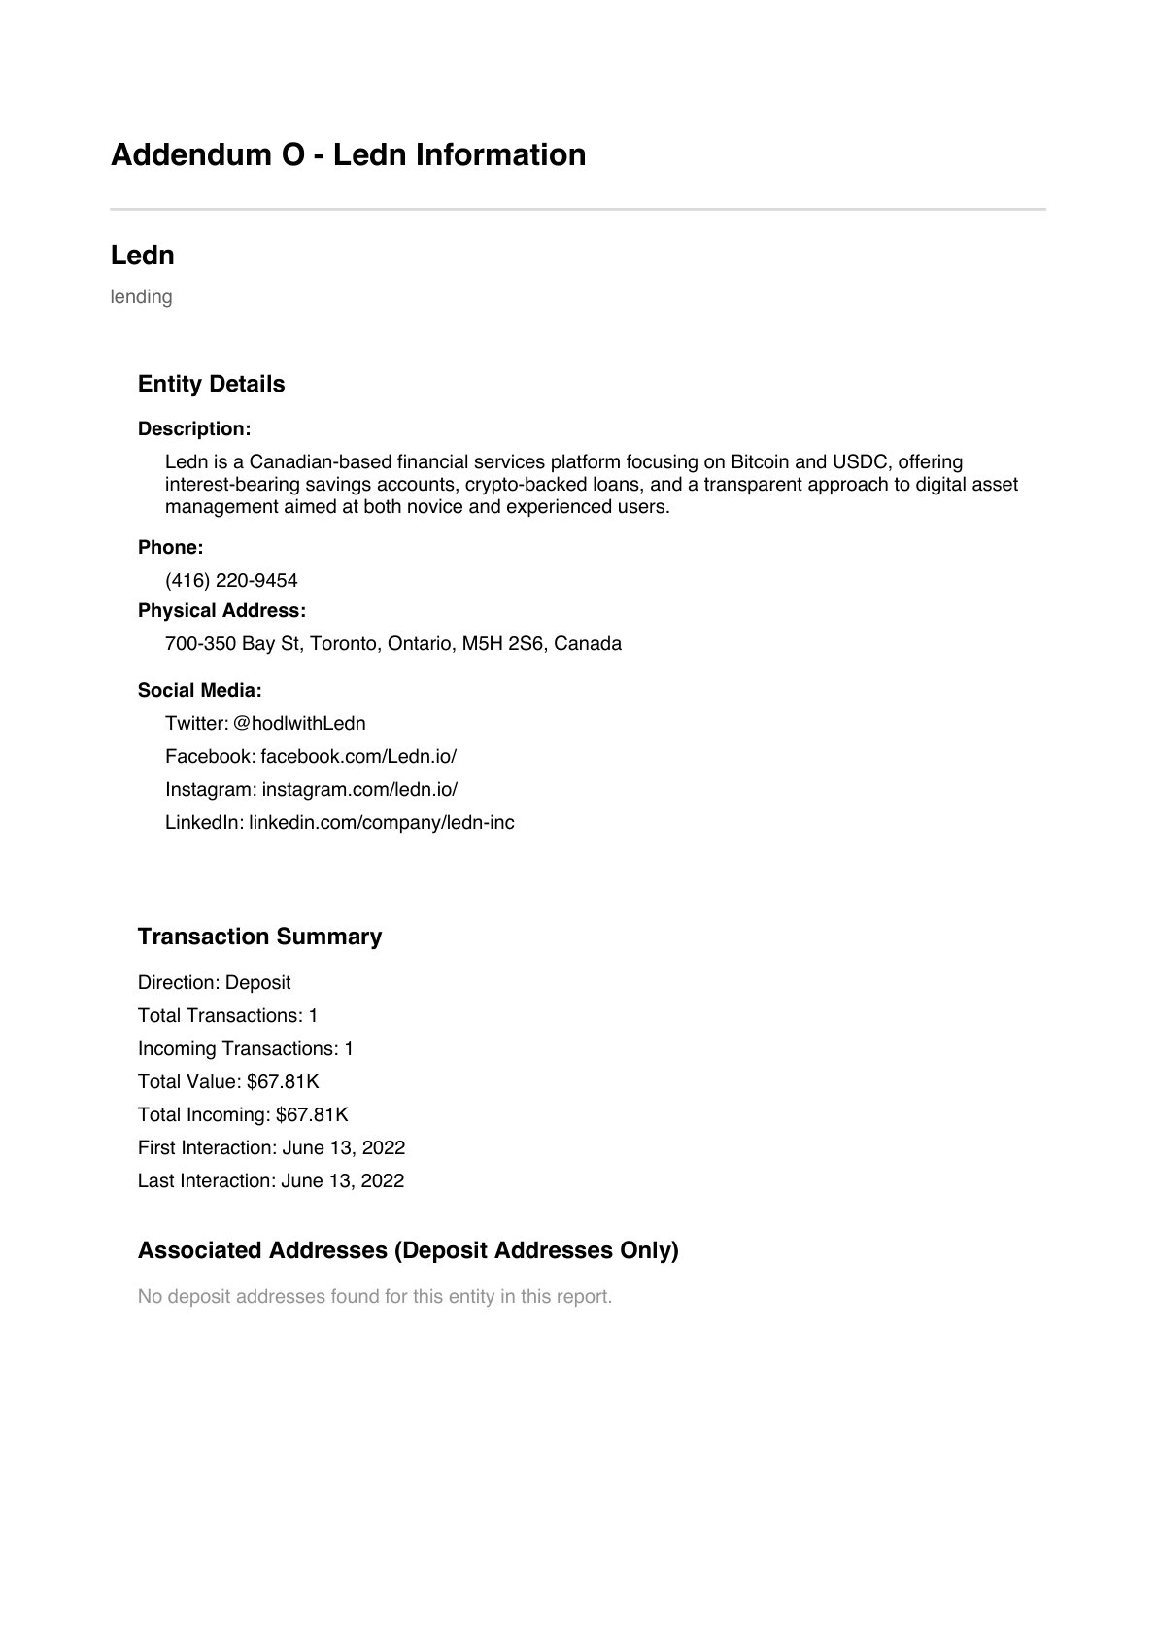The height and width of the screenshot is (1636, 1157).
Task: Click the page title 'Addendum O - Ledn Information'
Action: [348, 155]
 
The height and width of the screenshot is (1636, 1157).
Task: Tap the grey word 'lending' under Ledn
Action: [141, 297]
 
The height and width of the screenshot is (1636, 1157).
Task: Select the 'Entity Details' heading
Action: [211, 384]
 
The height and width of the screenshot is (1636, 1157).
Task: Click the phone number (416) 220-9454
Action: [231, 581]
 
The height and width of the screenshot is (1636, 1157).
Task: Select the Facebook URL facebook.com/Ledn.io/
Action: [357, 757]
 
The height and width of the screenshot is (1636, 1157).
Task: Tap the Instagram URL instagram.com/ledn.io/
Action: [359, 790]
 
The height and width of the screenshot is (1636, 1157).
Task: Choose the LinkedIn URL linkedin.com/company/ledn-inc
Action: [381, 823]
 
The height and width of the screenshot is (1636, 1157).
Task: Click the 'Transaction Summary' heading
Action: [259, 937]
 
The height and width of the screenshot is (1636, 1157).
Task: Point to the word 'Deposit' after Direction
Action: [257, 983]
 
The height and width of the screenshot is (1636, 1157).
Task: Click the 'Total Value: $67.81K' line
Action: [228, 1082]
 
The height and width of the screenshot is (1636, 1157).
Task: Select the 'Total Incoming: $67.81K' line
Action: [243, 1115]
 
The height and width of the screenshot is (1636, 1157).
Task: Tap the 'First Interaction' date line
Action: [271, 1148]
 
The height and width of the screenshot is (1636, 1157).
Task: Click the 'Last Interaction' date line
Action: [271, 1181]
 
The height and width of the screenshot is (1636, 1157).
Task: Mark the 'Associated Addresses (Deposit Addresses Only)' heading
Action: [408, 1250]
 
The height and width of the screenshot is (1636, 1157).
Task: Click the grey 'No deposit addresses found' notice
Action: [375, 1297]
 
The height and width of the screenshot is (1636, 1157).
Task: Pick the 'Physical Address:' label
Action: [221, 611]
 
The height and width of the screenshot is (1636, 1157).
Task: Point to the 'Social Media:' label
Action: [199, 691]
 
